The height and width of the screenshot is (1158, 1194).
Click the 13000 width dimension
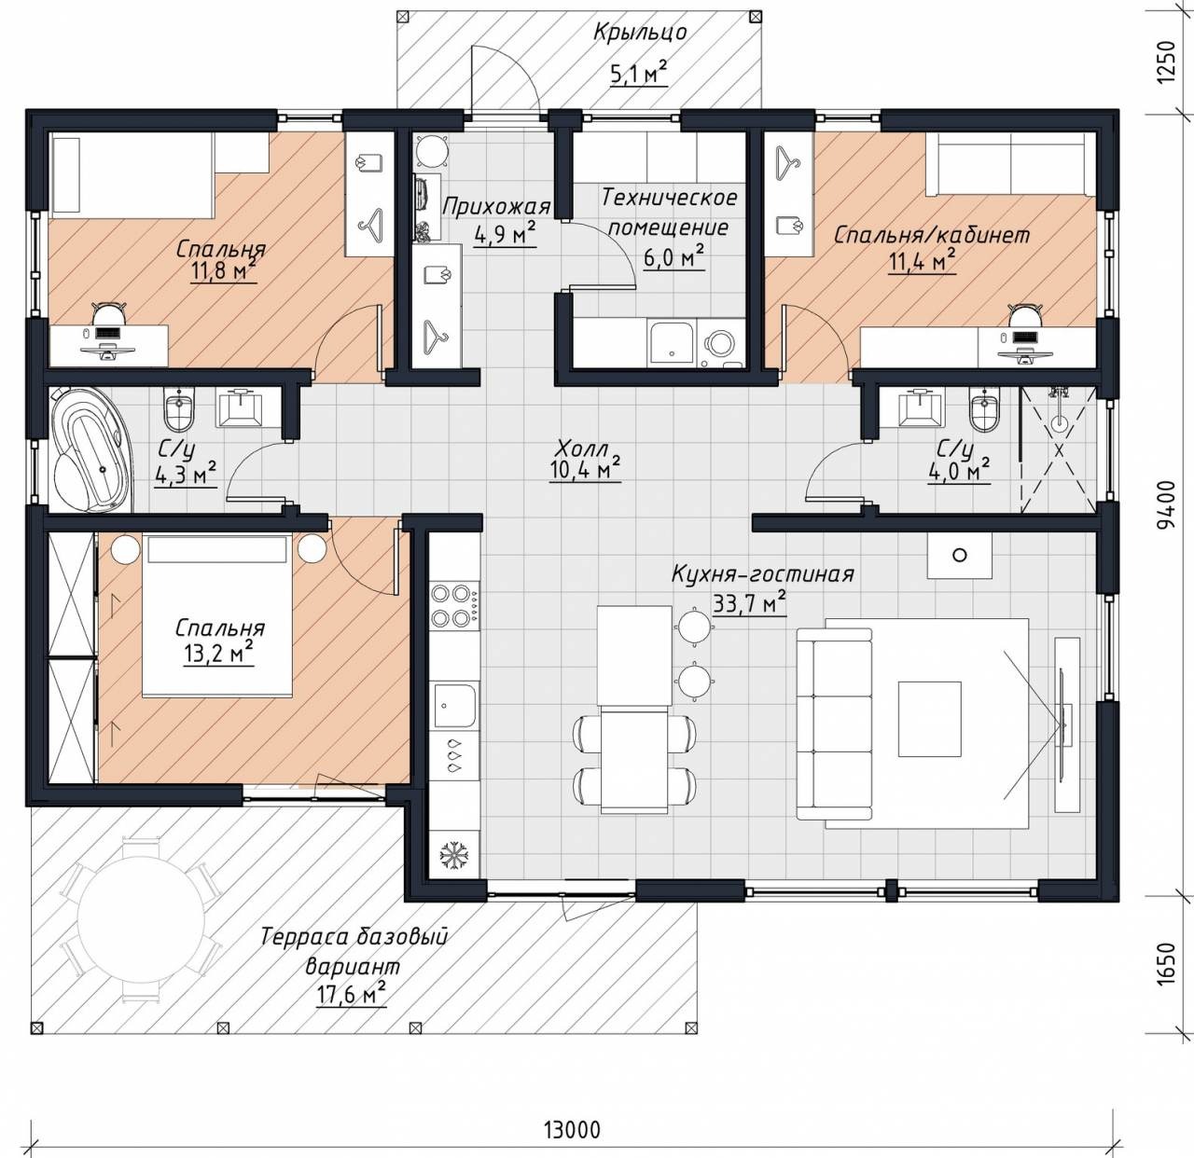[572, 1128]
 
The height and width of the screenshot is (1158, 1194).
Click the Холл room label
[580, 448]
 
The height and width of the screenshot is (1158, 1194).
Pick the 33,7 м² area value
[749, 603]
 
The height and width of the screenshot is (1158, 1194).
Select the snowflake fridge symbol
[453, 855]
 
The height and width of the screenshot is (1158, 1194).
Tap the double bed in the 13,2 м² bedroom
[216, 615]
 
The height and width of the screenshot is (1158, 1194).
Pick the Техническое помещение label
[669, 213]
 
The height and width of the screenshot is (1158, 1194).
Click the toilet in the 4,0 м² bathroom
[984, 410]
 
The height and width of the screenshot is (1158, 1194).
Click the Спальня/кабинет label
[932, 235]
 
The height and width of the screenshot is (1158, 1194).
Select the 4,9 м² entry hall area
[505, 235]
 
